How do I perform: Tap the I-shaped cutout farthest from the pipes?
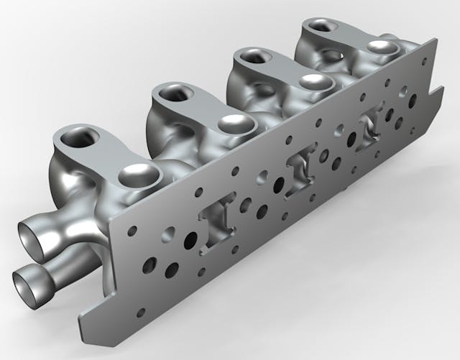[x=369, y=130]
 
